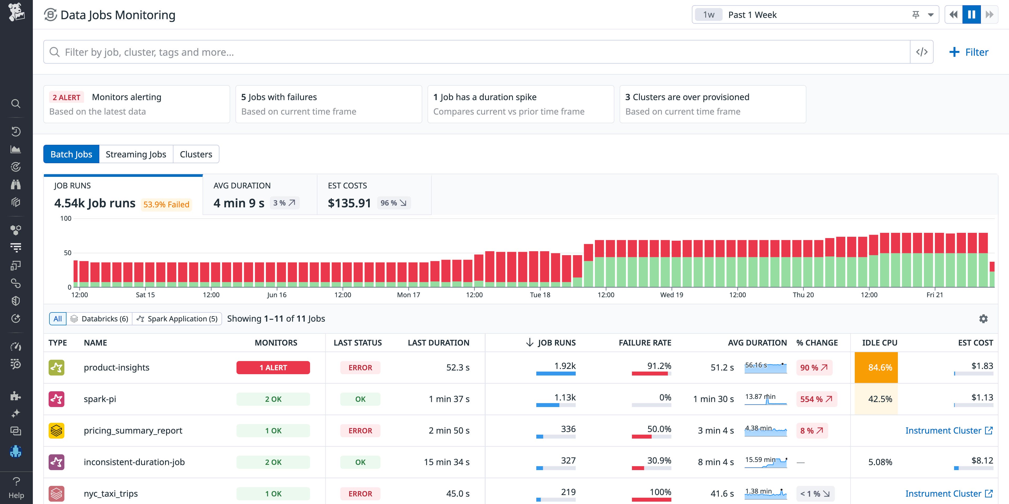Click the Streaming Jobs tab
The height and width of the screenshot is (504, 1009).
[136, 154]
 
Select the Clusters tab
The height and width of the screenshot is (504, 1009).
[196, 154]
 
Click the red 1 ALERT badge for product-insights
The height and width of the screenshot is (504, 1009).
[273, 368]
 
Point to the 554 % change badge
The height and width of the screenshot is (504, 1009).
[816, 399]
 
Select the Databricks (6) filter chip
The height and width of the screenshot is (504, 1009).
[100, 319]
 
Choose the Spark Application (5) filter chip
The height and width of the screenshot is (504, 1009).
[177, 319]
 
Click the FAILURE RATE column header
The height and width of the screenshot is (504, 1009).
[645, 343]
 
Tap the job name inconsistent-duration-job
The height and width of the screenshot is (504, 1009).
[134, 462]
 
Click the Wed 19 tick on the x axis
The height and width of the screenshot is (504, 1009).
[671, 295]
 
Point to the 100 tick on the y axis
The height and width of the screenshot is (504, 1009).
[66, 219]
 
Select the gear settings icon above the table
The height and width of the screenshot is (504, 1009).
[983, 319]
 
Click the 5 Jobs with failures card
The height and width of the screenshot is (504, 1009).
[328, 104]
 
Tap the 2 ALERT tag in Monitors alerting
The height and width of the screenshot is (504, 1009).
[66, 97]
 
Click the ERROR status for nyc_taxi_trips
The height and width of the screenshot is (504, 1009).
[360, 494]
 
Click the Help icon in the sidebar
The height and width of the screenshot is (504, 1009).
[16, 487]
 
